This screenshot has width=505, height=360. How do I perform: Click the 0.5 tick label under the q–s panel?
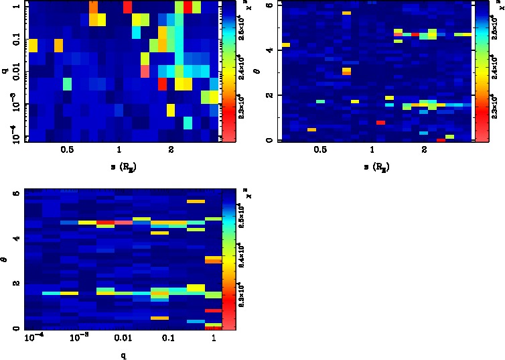66,152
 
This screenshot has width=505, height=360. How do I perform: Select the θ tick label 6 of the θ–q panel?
17,193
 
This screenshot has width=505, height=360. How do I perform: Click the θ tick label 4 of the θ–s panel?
269,50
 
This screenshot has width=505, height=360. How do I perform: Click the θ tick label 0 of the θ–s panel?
269,139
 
